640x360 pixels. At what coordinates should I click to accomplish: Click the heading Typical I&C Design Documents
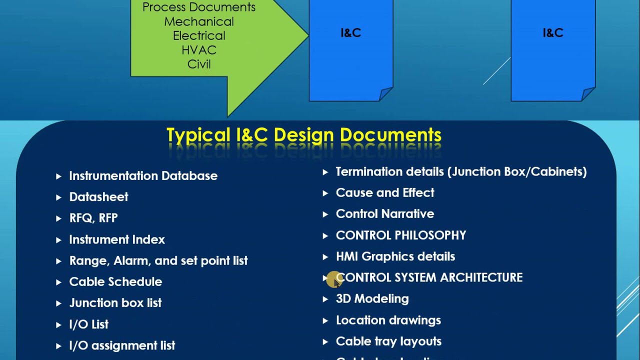(x=303, y=135)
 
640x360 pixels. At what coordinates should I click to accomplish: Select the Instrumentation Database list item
(x=143, y=176)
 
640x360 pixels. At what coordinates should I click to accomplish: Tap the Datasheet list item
(x=98, y=197)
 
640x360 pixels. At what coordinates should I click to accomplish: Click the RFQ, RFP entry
(x=93, y=218)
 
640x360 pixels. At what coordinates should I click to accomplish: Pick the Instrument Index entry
(x=117, y=239)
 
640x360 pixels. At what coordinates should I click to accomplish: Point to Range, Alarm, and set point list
(x=158, y=260)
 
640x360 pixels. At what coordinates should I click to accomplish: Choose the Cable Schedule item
(x=115, y=282)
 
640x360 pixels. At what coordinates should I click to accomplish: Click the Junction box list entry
(x=115, y=303)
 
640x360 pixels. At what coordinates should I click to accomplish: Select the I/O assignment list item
(x=122, y=345)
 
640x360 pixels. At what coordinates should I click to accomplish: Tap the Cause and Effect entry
(x=385, y=193)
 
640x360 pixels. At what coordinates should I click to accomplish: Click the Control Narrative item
(x=385, y=214)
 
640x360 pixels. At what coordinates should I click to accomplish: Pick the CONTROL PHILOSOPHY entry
(x=401, y=235)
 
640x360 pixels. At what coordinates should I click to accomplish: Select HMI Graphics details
(x=395, y=256)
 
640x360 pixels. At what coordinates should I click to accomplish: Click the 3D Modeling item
(x=372, y=299)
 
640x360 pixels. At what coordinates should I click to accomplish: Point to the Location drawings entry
(x=388, y=320)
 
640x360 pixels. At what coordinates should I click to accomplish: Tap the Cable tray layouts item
(x=388, y=341)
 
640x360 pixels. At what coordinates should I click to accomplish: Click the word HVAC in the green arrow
(x=199, y=50)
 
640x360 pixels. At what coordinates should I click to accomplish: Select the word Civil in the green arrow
(x=199, y=64)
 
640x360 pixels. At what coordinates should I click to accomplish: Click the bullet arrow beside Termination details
(x=325, y=172)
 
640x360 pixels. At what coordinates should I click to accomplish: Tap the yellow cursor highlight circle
(x=332, y=280)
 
